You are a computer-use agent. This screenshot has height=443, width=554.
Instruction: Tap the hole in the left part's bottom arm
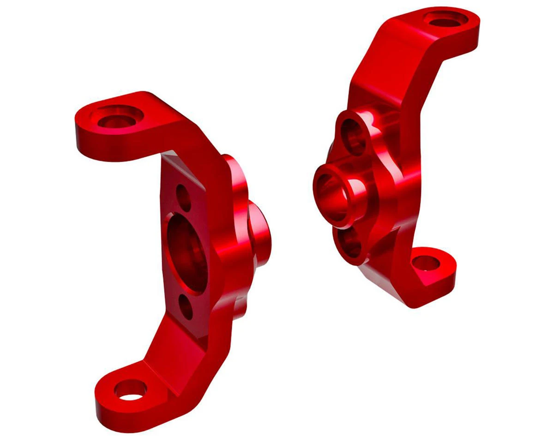[131, 390]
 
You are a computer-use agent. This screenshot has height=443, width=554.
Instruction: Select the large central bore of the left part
[187, 252]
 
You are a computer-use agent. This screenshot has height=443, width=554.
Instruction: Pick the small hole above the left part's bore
[184, 197]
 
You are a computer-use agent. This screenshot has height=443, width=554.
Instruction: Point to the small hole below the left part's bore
[187, 307]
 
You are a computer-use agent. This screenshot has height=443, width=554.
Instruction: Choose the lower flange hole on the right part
[350, 243]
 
